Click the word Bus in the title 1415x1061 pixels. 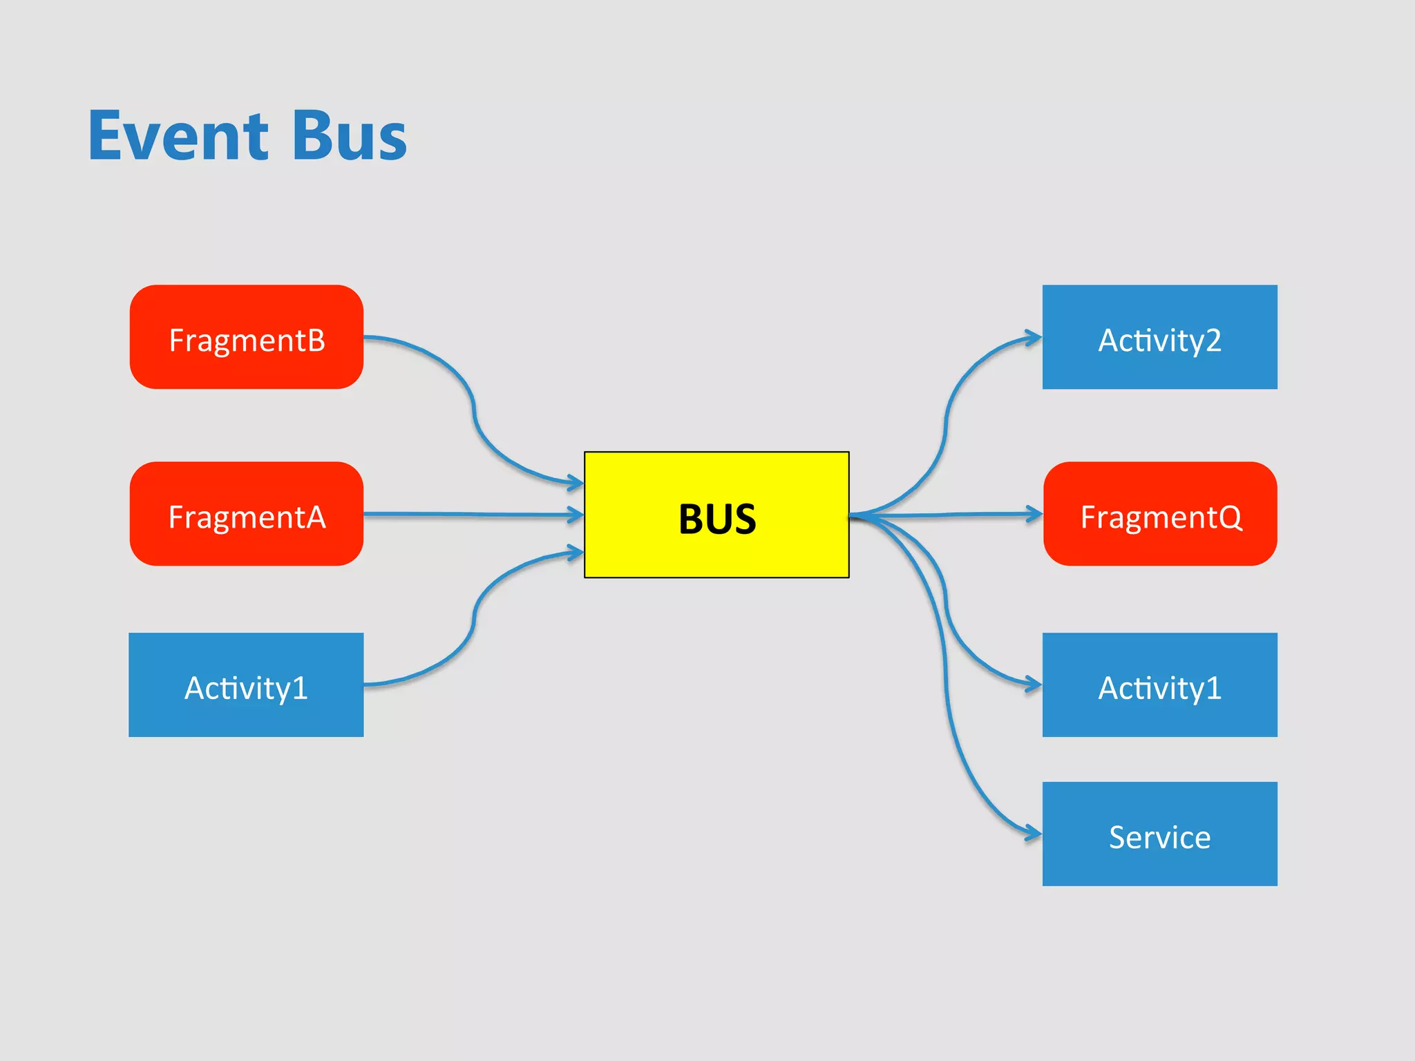coord(350,136)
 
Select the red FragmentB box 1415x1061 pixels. coord(247,337)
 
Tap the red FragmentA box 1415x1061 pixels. coord(247,514)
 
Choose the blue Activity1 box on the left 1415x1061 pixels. coord(247,685)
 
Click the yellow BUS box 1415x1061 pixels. coord(716,515)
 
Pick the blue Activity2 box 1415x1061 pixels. coord(1159,337)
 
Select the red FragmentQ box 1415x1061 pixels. coord(1159,514)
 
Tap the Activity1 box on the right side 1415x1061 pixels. coord(1159,685)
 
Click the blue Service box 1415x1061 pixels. coord(1159,834)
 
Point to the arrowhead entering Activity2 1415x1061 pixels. coord(1034,338)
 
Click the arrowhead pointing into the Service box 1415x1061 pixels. coord(1034,834)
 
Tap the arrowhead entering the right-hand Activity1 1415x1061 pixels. coord(1034,685)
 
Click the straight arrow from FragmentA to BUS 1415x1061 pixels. coord(470,514)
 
